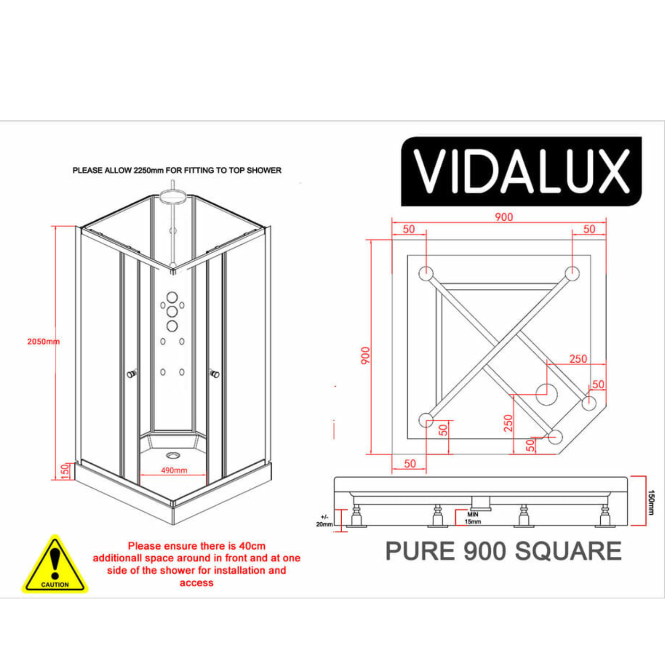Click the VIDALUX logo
(521, 171)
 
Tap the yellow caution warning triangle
(55, 564)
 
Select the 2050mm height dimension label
(43, 341)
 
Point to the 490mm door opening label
(174, 470)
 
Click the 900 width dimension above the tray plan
(504, 217)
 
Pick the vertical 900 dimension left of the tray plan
(365, 356)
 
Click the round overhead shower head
(173, 196)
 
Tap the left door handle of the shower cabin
(132, 374)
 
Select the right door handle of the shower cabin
(215, 374)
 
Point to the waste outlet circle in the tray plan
(547, 394)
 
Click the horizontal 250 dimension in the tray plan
(578, 359)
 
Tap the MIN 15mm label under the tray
(473, 518)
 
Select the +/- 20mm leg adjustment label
(324, 520)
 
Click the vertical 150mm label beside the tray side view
(651, 502)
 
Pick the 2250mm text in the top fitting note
(149, 170)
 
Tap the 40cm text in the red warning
(252, 546)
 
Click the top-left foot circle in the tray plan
(426, 273)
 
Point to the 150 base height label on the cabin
(65, 471)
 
